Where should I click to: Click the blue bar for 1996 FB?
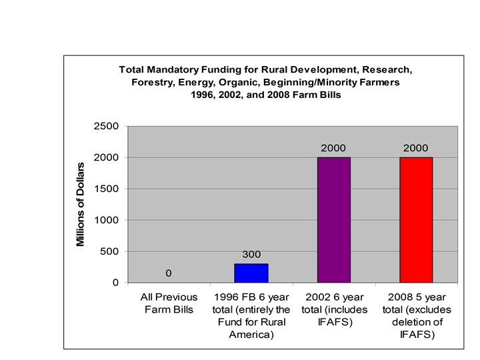click(x=251, y=273)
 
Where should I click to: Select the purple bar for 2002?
click(x=333, y=220)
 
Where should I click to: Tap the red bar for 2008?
click(x=416, y=220)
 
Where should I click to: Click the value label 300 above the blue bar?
click(x=251, y=255)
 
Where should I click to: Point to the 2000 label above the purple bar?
click(x=333, y=147)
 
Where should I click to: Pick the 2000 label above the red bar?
click(x=416, y=147)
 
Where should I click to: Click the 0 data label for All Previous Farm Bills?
click(x=169, y=273)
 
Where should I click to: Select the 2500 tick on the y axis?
click(x=107, y=126)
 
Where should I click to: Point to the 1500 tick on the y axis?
click(x=107, y=189)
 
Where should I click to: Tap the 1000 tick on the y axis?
click(x=107, y=220)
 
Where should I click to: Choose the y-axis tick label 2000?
click(x=107, y=157)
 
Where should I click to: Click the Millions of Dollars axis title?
click(x=81, y=204)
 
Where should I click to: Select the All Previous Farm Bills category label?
click(x=169, y=303)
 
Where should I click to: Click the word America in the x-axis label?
click(x=251, y=335)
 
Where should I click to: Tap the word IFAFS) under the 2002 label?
click(x=333, y=322)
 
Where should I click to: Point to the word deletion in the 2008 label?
click(x=416, y=322)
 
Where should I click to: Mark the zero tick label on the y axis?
click(x=115, y=283)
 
